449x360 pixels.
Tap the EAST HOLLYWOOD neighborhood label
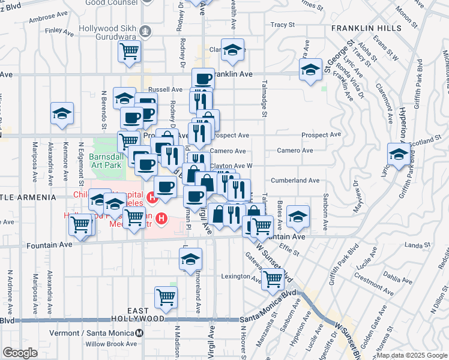click(138, 314)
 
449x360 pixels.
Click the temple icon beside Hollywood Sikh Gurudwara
click(145, 31)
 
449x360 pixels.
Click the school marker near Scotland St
click(399, 154)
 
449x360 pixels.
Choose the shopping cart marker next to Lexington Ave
click(273, 277)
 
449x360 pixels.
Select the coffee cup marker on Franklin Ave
click(203, 77)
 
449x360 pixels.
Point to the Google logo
click(19, 353)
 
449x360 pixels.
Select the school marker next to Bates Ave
click(297, 216)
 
